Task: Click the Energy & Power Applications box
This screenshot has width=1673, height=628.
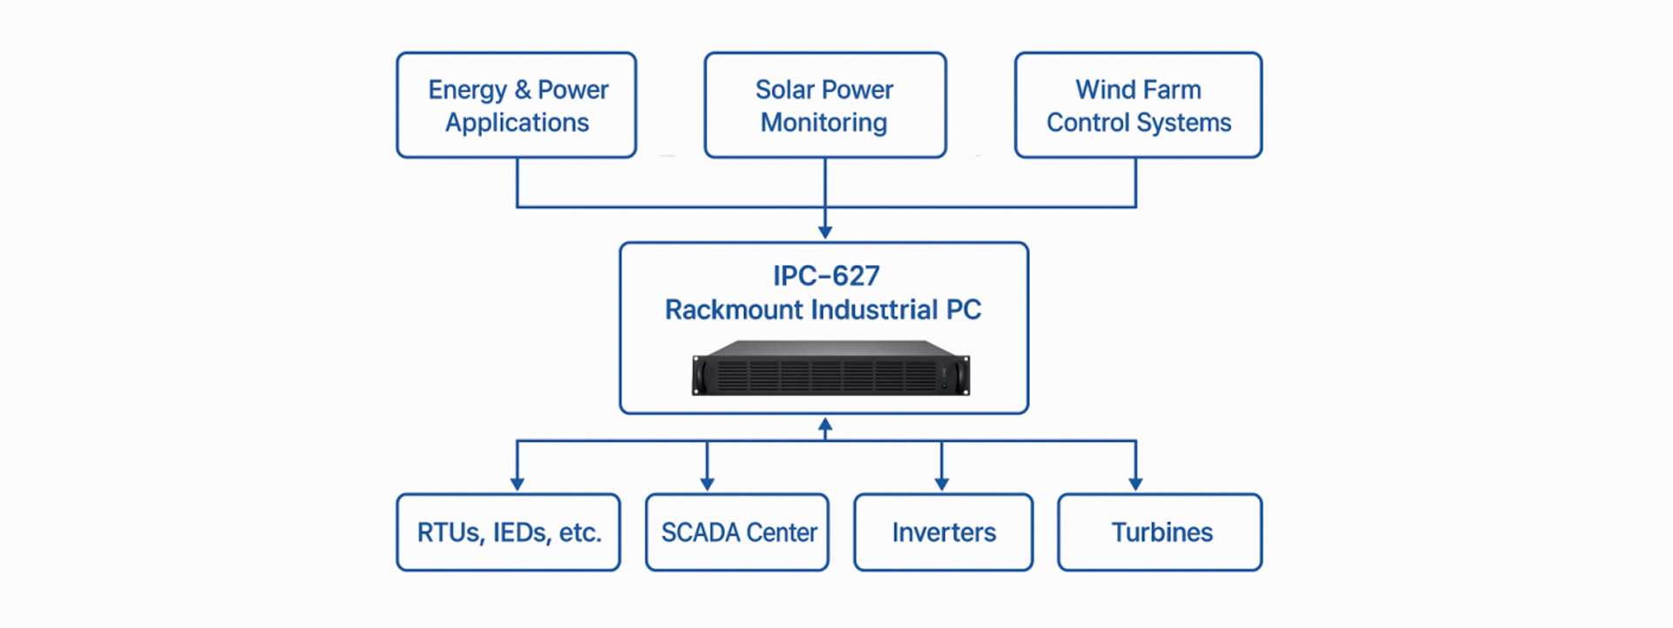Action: pos(516,105)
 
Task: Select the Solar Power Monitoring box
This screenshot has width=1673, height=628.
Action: pos(824,105)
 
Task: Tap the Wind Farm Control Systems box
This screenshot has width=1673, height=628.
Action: pos(1138,105)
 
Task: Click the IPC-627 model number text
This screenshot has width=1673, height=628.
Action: pos(825,276)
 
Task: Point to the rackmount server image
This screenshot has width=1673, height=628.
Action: pos(830,368)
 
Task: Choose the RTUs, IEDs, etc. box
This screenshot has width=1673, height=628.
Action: pos(508,532)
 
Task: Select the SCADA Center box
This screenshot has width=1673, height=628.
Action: pos(737,532)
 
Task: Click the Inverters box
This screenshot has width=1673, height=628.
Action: pos(943,532)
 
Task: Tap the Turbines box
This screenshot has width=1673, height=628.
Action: pos(1160,532)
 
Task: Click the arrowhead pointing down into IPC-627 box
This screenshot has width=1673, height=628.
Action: pos(825,232)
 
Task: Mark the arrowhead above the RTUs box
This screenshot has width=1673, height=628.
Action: pos(518,483)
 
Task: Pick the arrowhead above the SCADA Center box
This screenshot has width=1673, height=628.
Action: pos(707,483)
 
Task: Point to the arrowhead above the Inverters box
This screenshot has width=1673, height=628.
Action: pos(941,483)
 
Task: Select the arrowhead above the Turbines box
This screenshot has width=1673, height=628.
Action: pos(1135,483)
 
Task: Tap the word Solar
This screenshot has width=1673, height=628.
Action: pos(784,90)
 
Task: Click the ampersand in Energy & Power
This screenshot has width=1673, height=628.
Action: pos(522,90)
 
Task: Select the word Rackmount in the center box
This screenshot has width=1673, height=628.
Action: pos(734,310)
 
